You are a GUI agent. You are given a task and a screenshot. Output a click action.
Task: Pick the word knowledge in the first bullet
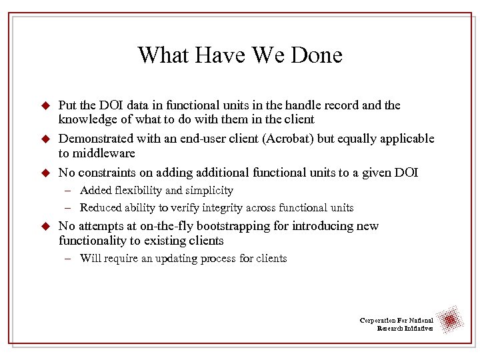[87, 119]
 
